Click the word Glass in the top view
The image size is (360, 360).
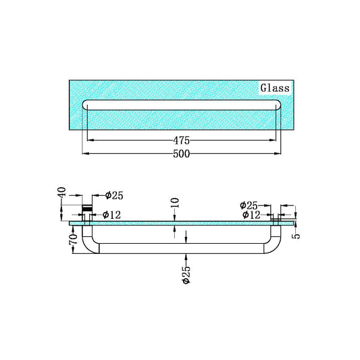click(275, 88)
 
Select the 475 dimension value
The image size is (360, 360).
click(180, 140)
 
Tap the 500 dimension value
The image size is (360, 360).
click(180, 153)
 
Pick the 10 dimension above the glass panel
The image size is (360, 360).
click(175, 203)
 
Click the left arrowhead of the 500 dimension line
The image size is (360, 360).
click(84, 153)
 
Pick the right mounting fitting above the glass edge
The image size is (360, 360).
click(277, 217)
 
